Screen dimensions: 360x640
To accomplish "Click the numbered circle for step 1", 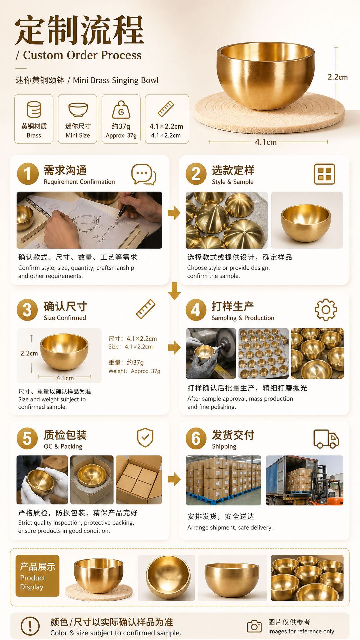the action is point(28,174).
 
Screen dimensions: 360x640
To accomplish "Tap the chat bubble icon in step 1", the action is point(144,174).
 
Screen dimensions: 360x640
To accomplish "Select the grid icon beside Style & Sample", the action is point(324,174).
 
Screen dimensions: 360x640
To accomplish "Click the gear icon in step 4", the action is point(326,310).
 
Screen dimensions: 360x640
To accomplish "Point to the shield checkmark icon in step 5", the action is point(145,437).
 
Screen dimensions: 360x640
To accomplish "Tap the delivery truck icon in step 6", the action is point(326,439).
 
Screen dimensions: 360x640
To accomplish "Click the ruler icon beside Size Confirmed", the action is point(146,309).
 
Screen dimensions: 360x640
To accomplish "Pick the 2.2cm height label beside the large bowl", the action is point(338,77).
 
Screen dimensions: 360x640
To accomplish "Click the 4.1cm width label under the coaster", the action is point(266,142).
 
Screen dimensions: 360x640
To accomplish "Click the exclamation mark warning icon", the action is point(30,626).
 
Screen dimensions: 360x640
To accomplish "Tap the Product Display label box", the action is point(37,576).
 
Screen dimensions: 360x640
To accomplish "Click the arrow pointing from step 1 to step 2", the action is point(174,213).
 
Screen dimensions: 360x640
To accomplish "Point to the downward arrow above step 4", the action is point(174,291).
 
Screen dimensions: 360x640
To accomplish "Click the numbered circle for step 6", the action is point(196,438).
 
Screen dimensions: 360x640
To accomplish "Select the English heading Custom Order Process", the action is point(82,55).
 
